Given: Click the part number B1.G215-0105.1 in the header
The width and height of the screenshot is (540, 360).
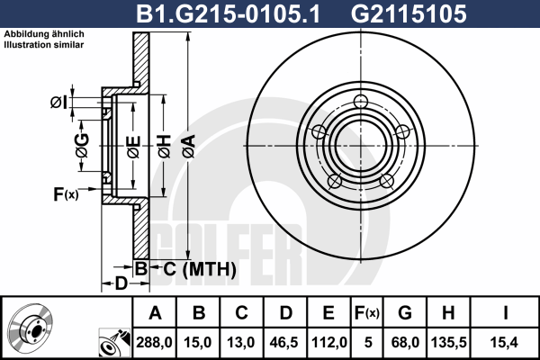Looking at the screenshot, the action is pos(228,13).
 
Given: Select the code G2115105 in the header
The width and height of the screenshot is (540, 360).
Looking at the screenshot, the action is pos(409,13).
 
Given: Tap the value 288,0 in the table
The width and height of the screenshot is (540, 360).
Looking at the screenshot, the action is pos(154,342).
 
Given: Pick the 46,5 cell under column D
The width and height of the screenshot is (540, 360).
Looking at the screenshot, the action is pos(284,342).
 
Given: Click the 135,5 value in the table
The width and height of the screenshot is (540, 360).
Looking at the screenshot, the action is pos(449,342).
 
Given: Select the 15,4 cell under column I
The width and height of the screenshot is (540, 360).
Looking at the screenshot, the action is pos(504,342).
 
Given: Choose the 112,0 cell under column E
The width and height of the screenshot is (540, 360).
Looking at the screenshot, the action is pos(328,342).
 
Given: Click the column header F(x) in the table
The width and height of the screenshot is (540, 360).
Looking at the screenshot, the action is pos(367,313).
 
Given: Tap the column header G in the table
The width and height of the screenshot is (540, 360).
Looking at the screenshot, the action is pos(405,313).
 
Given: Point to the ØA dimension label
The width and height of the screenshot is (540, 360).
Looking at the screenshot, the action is pos(189,147).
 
